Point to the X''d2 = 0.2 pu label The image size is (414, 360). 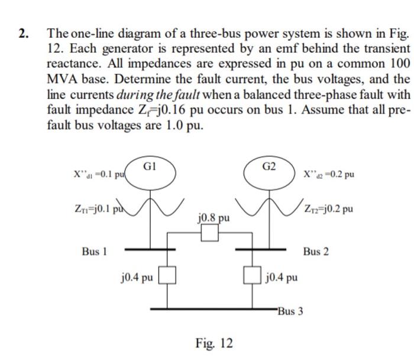[329, 175]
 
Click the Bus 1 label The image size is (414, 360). [94, 252]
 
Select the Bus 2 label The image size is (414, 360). [316, 252]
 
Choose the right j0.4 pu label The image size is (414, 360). [282, 277]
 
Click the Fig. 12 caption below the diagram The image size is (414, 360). [214, 343]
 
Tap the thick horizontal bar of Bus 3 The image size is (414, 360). [213, 308]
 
